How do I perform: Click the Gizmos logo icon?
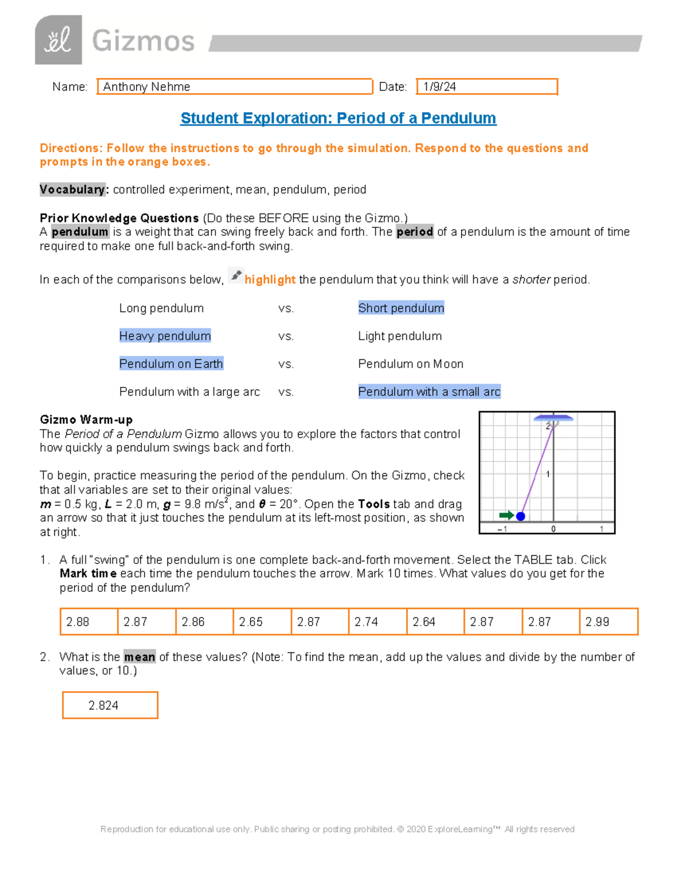point(58,40)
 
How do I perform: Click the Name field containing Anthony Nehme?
point(235,87)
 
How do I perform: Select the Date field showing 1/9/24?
point(486,87)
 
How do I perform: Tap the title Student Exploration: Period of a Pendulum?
point(338,118)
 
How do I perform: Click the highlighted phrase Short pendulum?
point(401,308)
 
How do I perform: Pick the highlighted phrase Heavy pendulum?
point(165,336)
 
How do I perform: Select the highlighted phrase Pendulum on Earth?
point(171,364)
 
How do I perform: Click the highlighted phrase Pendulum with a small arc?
point(429,392)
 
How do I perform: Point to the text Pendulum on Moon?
point(411,364)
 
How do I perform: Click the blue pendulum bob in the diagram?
point(521,516)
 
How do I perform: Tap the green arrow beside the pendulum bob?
point(506,515)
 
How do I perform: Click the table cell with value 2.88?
point(89,622)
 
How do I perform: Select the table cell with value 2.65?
point(262,622)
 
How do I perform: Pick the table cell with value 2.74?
point(377,622)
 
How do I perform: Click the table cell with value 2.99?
point(608,622)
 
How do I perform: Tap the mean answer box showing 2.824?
point(110,705)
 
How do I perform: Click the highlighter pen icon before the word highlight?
point(236,276)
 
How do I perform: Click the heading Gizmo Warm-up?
point(86,420)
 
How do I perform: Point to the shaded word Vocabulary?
point(72,190)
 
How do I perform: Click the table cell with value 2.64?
point(435,622)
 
